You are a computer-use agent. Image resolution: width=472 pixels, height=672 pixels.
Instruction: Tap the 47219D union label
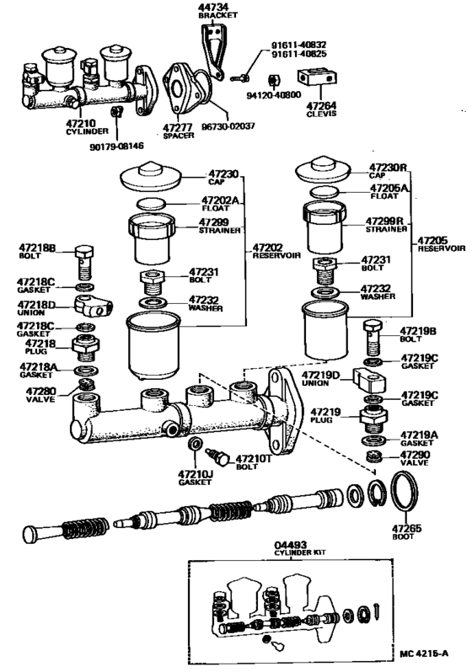tap(321, 379)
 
